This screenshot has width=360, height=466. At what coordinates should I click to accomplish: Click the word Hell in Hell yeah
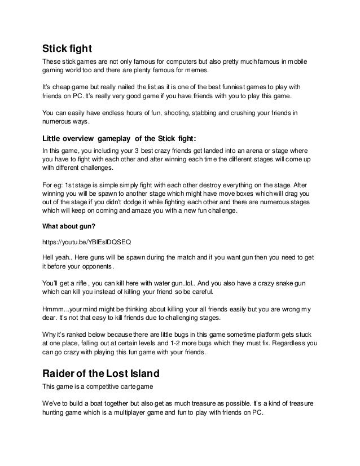[49, 256]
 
